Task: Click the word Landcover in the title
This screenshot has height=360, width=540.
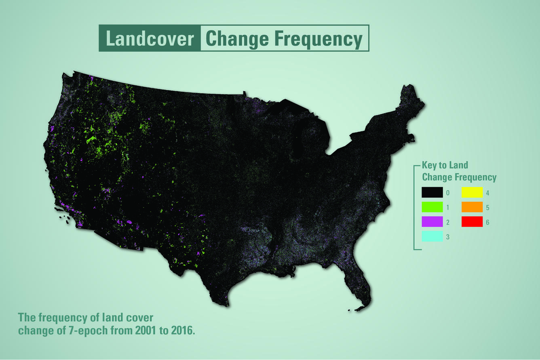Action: [x=150, y=39]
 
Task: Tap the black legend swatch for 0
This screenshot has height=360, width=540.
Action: [x=432, y=193]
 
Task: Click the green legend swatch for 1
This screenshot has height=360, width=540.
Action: [x=432, y=207]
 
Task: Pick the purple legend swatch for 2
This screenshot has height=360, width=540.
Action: [x=432, y=222]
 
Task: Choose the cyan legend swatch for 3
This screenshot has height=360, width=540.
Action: [x=432, y=237]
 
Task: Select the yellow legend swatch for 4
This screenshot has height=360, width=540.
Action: [x=472, y=193]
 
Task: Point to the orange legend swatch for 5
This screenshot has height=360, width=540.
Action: [x=472, y=207]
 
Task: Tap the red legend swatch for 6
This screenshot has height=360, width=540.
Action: [x=472, y=222]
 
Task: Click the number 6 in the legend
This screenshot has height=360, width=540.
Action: [x=488, y=222]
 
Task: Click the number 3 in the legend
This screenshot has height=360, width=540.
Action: [x=448, y=237]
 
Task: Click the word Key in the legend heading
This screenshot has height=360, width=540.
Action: [x=429, y=165]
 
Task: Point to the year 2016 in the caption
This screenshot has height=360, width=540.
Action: [x=183, y=331]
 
